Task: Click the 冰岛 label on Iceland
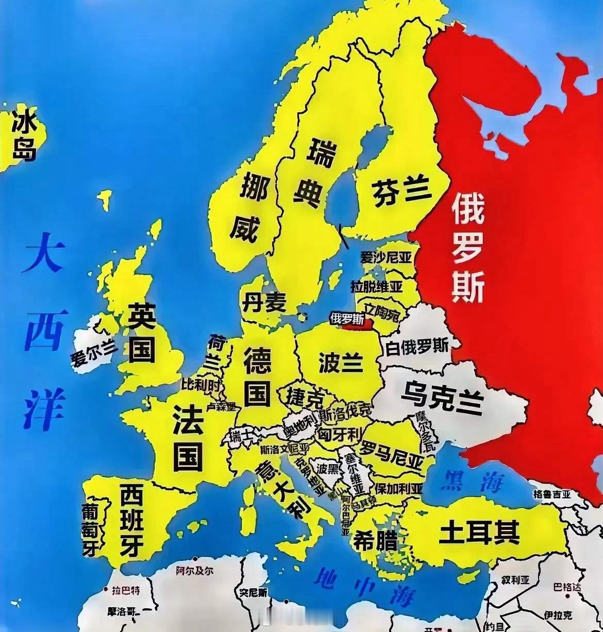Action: tap(24, 137)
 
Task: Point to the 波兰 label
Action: tap(340, 363)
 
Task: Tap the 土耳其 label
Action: tap(479, 533)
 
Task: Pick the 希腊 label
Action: tap(375, 541)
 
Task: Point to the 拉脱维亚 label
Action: tap(376, 286)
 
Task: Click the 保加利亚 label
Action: tap(399, 488)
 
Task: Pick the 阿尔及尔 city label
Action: tap(194, 571)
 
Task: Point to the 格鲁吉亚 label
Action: tap(552, 494)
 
